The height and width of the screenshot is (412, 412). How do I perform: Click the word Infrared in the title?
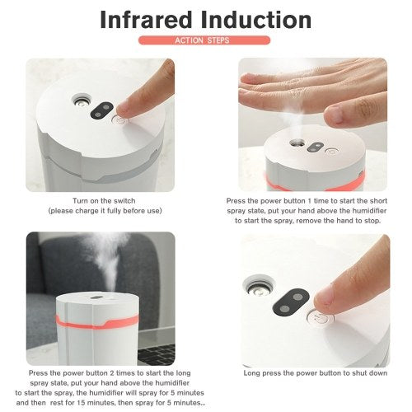click(146, 20)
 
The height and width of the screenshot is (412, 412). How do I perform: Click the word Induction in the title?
click(256, 20)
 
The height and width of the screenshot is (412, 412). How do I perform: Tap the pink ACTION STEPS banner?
click(204, 40)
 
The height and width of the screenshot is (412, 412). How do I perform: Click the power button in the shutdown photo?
click(321, 318)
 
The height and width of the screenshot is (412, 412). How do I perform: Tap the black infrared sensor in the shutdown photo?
click(291, 302)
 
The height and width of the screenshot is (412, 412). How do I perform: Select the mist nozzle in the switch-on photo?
click(81, 101)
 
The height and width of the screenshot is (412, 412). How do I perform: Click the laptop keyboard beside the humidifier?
click(157, 354)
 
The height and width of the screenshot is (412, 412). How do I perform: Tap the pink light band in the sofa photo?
click(97, 322)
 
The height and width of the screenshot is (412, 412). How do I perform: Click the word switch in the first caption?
click(124, 201)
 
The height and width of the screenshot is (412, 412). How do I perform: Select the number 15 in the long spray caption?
click(81, 403)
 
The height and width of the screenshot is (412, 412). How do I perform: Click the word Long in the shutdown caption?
click(251, 373)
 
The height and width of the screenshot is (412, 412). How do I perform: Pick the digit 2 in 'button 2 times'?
click(112, 373)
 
